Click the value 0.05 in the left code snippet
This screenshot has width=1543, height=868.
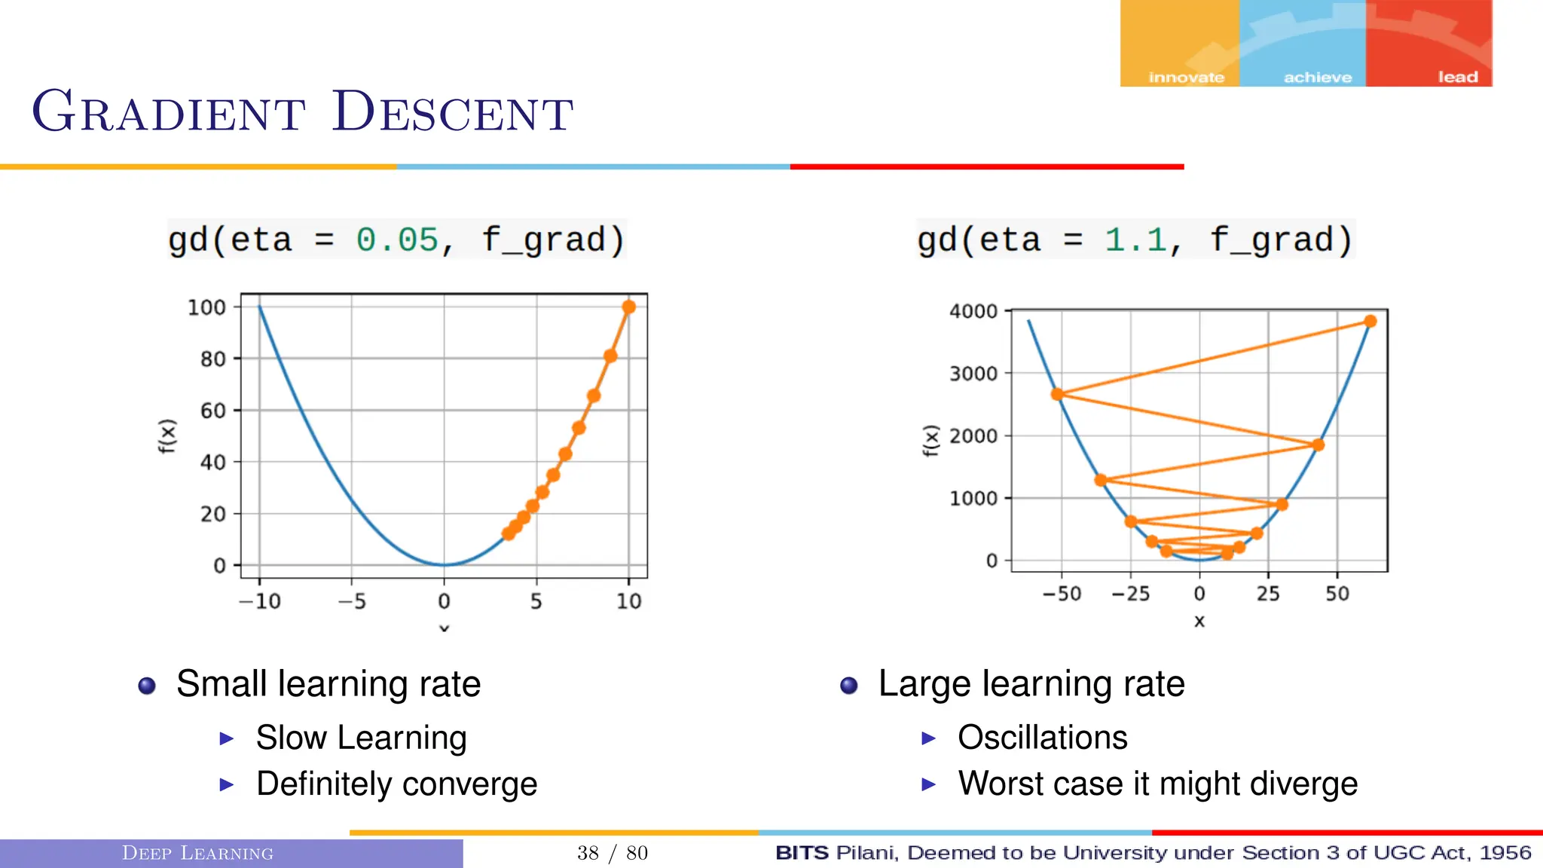pos(396,240)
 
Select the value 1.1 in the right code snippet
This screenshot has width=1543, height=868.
pos(1135,240)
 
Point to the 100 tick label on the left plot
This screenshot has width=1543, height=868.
pos(206,307)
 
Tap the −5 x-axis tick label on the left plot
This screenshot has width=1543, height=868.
pos(351,601)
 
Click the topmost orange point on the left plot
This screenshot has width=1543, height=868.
pos(629,307)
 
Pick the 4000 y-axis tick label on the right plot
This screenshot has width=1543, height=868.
pos(973,311)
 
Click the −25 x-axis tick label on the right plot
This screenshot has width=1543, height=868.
pos(1131,594)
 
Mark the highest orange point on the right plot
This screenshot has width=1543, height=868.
pos(1370,322)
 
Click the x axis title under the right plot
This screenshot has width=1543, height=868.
pos(1199,622)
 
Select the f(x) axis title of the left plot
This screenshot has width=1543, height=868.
pos(167,436)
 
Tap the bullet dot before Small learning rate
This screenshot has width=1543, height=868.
pos(147,686)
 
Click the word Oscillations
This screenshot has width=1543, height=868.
pos(1042,738)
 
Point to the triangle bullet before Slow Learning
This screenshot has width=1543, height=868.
pos(226,738)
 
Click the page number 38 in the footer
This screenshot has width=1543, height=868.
pos(588,853)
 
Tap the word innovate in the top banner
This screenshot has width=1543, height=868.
pos(1186,77)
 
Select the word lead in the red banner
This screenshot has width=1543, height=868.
pos(1457,77)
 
